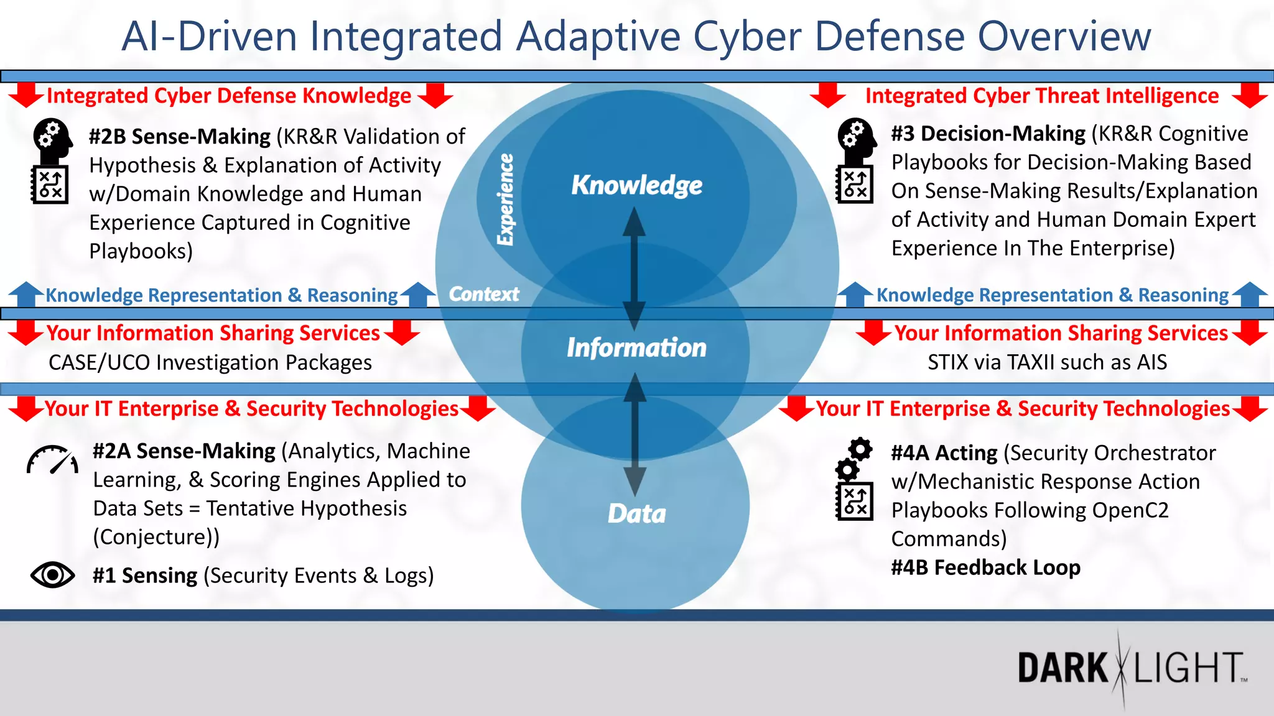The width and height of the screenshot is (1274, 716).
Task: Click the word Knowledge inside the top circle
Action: (636, 185)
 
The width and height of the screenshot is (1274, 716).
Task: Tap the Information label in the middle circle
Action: (636, 347)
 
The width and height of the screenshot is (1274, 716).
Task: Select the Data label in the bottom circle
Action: (636, 513)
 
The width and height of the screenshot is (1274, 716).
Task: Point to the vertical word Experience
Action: (506, 200)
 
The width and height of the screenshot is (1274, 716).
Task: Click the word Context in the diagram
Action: (484, 294)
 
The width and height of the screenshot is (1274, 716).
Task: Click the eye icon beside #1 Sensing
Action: (53, 575)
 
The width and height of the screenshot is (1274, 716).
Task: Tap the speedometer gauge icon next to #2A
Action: (52, 461)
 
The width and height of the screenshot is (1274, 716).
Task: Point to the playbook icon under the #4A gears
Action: (855, 502)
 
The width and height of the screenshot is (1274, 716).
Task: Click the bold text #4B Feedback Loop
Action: (985, 567)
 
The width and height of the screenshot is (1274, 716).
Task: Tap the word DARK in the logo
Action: (1062, 668)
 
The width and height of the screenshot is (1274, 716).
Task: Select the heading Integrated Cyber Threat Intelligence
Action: (1042, 96)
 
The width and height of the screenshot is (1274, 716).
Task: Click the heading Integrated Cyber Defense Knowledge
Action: (229, 96)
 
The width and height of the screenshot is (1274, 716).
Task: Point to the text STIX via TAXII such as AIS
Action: (1047, 362)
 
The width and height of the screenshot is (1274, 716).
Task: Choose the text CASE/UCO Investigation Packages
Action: (210, 362)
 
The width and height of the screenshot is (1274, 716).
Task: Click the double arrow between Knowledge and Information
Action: (634, 268)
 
